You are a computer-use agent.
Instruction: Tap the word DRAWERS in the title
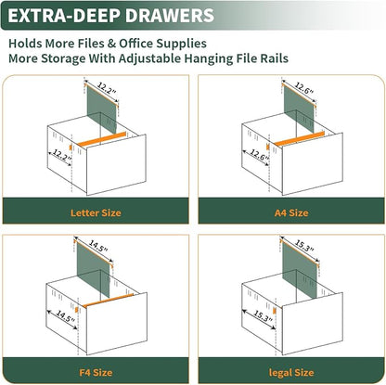coord(170,16)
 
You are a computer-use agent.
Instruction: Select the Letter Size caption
coord(96,212)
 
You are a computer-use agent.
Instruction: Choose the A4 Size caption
coord(291,212)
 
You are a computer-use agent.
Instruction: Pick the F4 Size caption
coord(96,372)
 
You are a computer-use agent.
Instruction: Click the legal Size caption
coord(291,373)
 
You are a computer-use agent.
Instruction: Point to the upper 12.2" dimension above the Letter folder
coord(107,88)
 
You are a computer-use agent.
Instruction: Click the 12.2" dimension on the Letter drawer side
coord(62,155)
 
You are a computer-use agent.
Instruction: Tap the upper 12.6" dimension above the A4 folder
coord(304,88)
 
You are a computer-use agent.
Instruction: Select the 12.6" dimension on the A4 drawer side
coord(259,155)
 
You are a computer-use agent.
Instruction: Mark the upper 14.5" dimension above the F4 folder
coord(98,246)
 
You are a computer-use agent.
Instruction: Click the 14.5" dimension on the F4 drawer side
coord(65,316)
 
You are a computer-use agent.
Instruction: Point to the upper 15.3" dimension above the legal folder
coord(304,246)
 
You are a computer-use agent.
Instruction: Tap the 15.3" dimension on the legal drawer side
coord(264,316)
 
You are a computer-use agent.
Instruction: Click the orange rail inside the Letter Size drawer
coord(102,139)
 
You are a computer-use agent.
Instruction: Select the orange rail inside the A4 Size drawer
coord(300,138)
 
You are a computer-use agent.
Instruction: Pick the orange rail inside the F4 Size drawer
coord(108,301)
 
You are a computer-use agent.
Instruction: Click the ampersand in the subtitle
coord(111,44)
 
